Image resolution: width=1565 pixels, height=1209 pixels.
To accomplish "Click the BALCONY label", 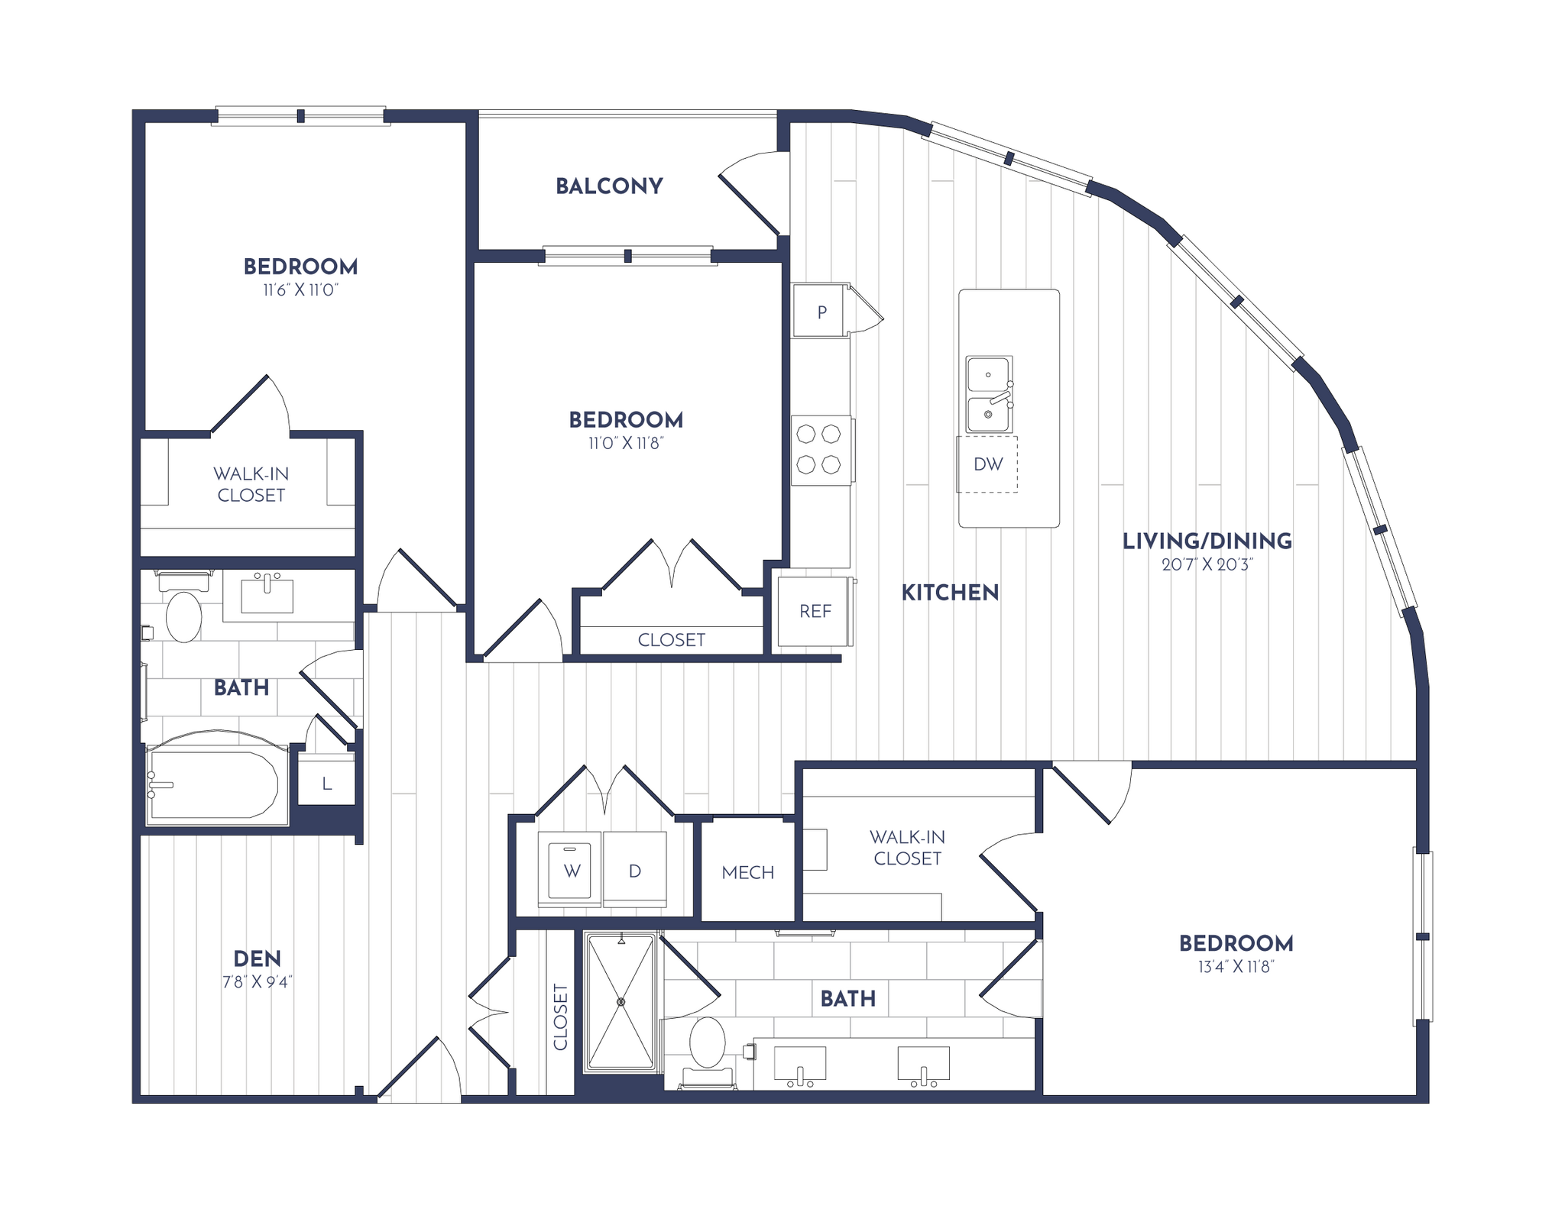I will pyautogui.click(x=609, y=186).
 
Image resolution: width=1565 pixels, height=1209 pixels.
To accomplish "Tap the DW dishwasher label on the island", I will pyautogui.click(x=987, y=464).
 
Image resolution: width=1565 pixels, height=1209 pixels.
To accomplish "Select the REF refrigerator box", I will pyautogui.click(x=815, y=611).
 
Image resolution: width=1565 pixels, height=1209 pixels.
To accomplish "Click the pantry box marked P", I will pyautogui.click(x=821, y=312).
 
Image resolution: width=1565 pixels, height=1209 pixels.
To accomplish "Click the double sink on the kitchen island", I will pyautogui.click(x=989, y=394).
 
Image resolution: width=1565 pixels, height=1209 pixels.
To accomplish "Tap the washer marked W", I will pyautogui.click(x=572, y=871).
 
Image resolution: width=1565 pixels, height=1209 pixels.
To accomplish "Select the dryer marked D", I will pyautogui.click(x=634, y=871).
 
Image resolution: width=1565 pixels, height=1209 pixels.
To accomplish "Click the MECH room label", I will pyautogui.click(x=747, y=872).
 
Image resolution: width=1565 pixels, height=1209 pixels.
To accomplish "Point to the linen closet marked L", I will pyautogui.click(x=326, y=783).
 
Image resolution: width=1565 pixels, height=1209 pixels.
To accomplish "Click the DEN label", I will pyautogui.click(x=257, y=958).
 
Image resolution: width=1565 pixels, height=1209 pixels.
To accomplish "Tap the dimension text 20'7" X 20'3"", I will pyautogui.click(x=1207, y=565).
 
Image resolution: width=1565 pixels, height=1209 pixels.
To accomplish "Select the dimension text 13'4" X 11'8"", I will pyautogui.click(x=1236, y=967).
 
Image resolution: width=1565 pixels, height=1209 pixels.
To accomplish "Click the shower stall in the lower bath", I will pyautogui.click(x=620, y=1001).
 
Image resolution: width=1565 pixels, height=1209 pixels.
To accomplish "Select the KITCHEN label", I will pyautogui.click(x=950, y=593).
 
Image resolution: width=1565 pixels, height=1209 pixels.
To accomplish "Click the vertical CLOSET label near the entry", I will pyautogui.click(x=560, y=1017).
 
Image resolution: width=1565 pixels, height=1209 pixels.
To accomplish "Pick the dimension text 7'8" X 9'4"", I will pyautogui.click(x=258, y=982).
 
